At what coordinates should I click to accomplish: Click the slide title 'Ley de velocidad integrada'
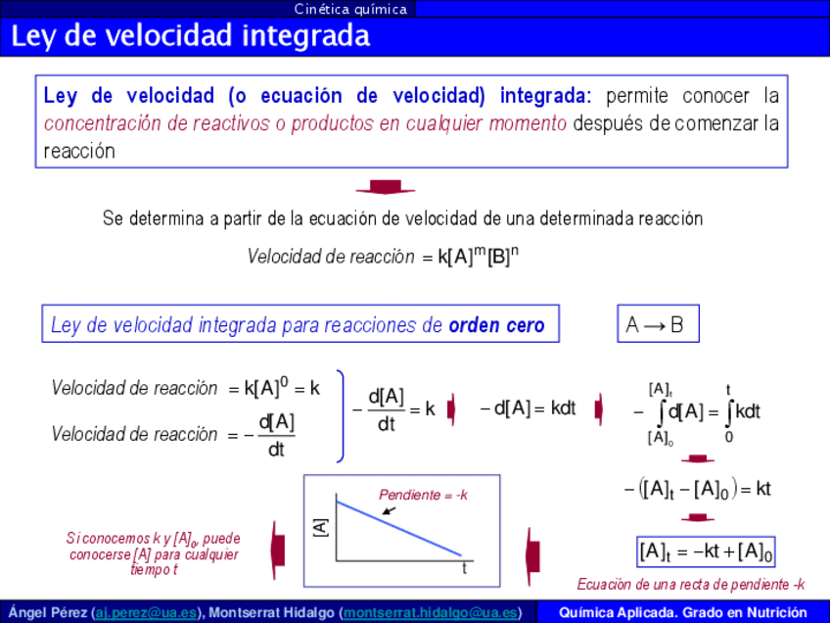191,36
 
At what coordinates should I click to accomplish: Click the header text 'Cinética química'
350,9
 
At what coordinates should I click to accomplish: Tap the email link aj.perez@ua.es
146,613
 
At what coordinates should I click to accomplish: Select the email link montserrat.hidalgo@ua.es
430,613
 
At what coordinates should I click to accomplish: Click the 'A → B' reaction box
658,323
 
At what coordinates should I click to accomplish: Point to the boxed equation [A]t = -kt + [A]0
706,552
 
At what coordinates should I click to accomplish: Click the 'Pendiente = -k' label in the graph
423,495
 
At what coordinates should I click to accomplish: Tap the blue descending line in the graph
399,528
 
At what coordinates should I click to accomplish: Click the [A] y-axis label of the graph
321,528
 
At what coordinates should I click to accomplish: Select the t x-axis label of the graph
464,568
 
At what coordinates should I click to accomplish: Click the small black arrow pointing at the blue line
389,510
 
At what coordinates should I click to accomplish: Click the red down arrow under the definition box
386,187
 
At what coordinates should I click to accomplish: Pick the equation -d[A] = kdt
528,408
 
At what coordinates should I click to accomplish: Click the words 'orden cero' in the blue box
496,325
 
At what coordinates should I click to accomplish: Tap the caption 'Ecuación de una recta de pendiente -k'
691,585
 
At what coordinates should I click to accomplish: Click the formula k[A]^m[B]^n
478,256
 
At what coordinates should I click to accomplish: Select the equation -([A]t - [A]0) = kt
698,489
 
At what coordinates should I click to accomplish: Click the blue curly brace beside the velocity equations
341,416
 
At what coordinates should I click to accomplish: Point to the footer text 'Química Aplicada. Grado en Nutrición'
683,613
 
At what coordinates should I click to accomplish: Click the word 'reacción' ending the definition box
79,152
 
